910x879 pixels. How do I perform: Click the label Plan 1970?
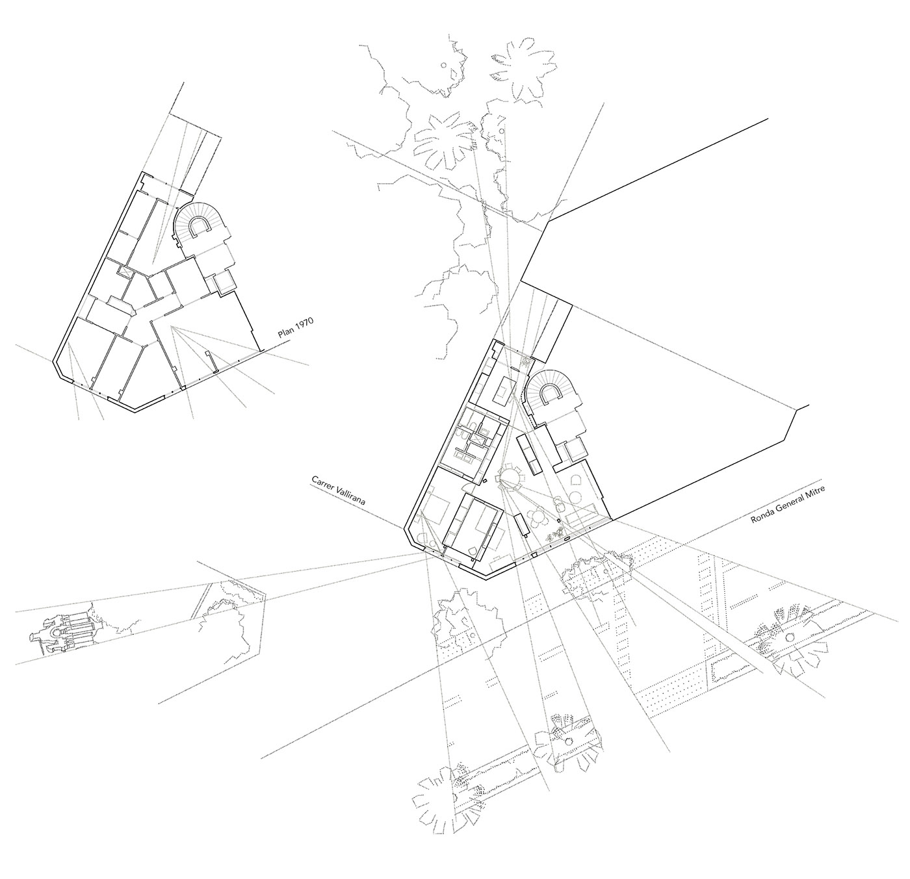click(x=295, y=327)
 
